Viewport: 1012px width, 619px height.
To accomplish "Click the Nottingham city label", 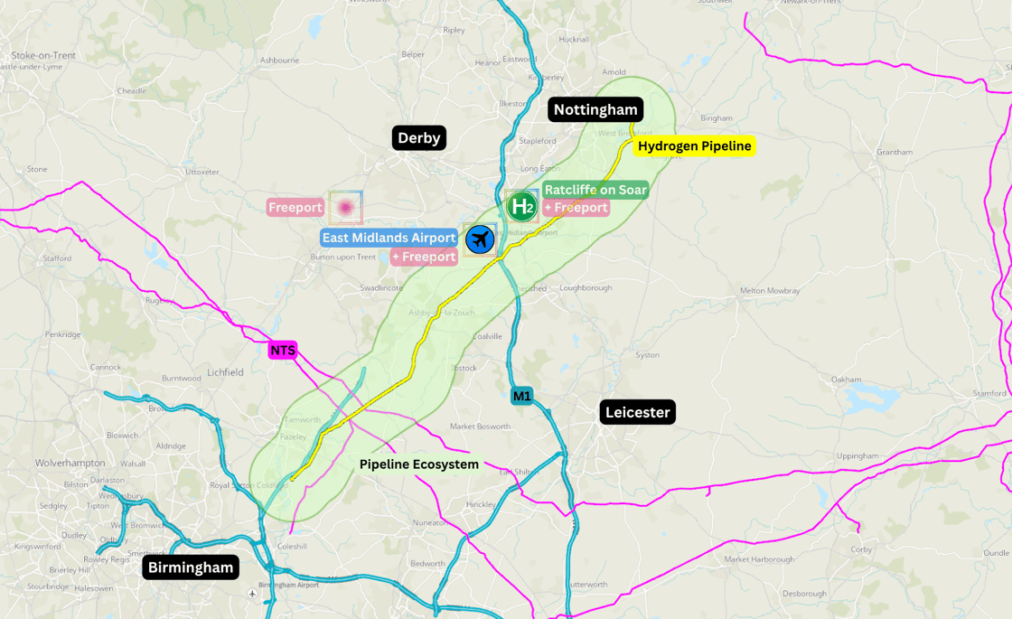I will (x=595, y=110).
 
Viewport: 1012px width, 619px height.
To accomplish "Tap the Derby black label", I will (x=419, y=138).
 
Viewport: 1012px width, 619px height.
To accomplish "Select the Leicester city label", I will (x=637, y=413).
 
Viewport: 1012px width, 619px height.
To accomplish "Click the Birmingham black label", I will (x=191, y=567).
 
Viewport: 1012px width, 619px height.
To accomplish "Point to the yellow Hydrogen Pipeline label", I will (x=694, y=145).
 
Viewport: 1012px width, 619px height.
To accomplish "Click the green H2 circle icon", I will (x=521, y=206).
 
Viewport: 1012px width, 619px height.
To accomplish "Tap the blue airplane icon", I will (x=480, y=239).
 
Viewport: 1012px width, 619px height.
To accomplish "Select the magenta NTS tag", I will (x=283, y=351).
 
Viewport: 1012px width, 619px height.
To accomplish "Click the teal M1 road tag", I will (x=522, y=396).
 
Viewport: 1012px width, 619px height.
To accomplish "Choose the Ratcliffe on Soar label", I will (x=595, y=190).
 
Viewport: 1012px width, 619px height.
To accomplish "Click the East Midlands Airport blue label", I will (x=389, y=238).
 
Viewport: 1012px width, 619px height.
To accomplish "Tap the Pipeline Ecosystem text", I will (x=418, y=464).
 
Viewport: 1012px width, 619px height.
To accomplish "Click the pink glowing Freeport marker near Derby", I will (x=344, y=207).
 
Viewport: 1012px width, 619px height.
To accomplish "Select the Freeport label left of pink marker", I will (x=295, y=208).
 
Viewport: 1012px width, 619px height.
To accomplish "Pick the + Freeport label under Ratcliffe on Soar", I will (x=576, y=208).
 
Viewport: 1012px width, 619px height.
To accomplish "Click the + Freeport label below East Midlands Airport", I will (x=424, y=258).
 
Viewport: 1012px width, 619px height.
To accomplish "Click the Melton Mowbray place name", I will (x=770, y=291).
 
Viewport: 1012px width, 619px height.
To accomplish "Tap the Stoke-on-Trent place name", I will (x=43, y=55).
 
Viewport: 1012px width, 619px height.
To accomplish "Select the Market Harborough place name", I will (x=759, y=559).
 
